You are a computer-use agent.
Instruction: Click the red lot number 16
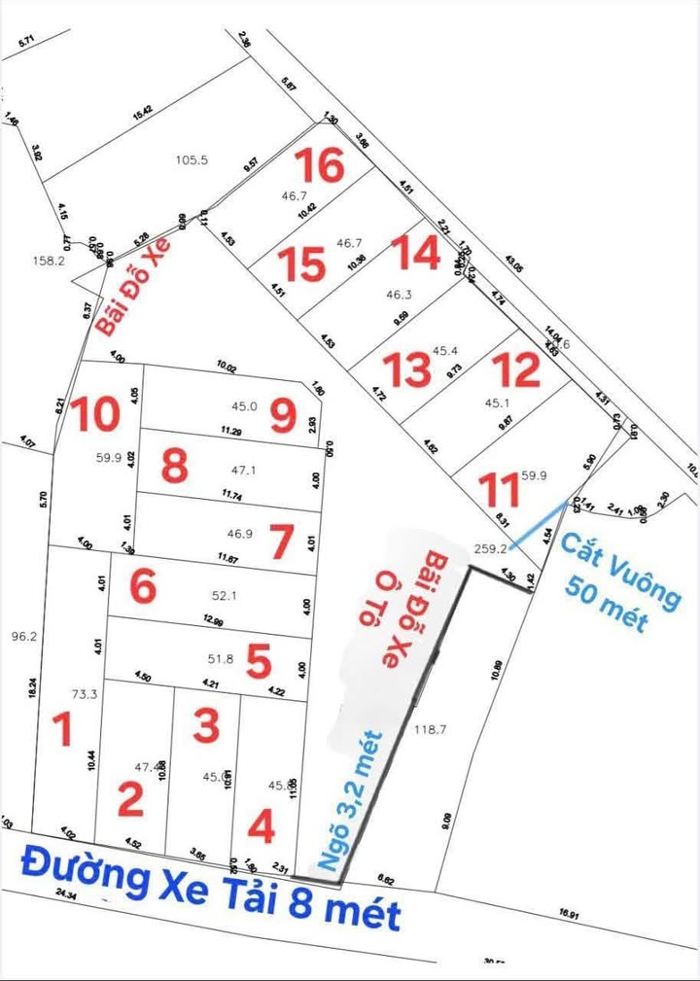[320, 166]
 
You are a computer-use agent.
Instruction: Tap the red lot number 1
[63, 729]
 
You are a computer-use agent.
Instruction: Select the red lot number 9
[283, 417]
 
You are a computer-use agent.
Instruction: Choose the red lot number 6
[142, 586]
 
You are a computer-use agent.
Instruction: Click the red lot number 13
[406, 369]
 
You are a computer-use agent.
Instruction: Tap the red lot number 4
[261, 827]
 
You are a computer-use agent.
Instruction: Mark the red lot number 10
[94, 413]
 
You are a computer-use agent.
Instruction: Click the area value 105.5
[192, 159]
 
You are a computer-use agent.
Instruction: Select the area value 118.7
[430, 728]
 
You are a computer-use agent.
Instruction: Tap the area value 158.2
[49, 261]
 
